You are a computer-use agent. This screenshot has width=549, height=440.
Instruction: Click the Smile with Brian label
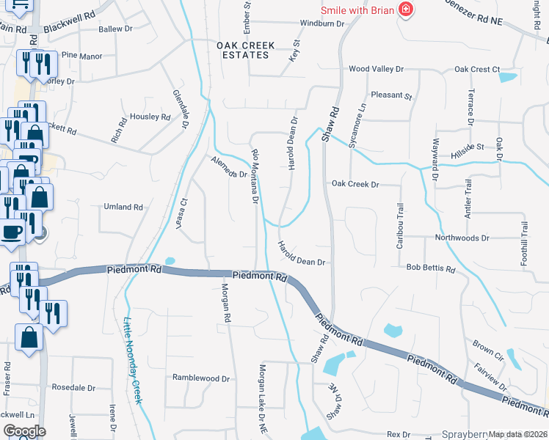click(357, 10)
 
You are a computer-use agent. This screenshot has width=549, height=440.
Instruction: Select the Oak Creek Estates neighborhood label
click(246, 50)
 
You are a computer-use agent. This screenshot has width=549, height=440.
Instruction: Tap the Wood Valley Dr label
click(376, 69)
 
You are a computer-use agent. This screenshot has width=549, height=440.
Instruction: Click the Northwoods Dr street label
click(462, 238)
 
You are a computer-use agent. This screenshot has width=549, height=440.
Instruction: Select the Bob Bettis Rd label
click(431, 268)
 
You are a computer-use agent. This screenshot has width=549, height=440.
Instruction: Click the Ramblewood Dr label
click(201, 378)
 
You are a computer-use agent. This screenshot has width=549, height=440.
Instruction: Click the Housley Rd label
click(150, 117)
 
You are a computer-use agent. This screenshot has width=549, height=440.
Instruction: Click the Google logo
click(23, 431)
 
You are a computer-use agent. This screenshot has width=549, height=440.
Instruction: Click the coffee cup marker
click(11, 232)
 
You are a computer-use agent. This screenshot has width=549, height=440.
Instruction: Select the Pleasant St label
click(392, 95)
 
